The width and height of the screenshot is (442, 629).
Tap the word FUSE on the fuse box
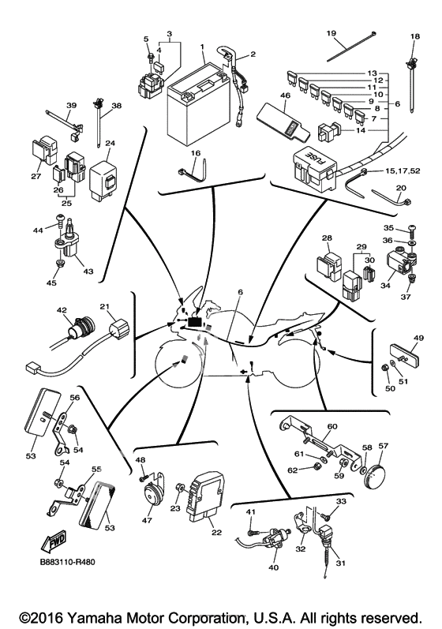[x=316, y=158]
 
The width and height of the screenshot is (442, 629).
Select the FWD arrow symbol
[x=52, y=541]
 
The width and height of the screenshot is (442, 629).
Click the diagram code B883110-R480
[x=67, y=562]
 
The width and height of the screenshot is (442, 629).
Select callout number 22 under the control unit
[x=216, y=533]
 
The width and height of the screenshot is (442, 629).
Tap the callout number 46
[x=286, y=95]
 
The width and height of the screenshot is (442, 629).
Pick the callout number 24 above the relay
[x=110, y=143]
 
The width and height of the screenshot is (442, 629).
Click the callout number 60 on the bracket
[x=332, y=426]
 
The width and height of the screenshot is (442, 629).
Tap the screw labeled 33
[x=324, y=515]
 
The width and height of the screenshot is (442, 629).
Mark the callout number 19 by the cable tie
[x=331, y=33]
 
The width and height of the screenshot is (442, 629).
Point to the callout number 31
[x=340, y=563]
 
